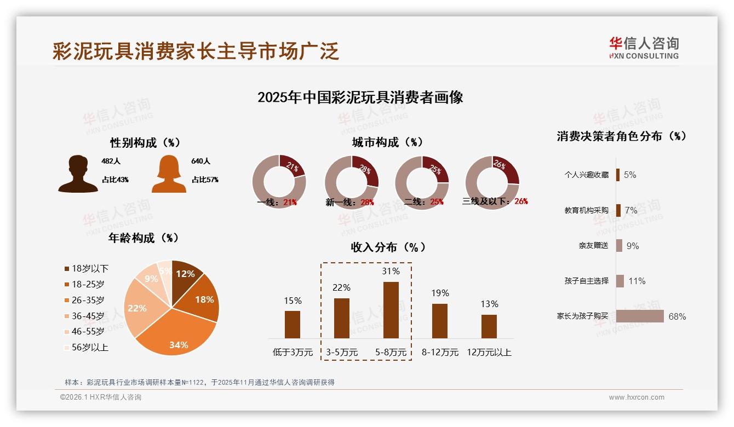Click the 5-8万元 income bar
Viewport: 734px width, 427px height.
coord(391,310)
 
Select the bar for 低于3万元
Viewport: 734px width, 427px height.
coord(293,324)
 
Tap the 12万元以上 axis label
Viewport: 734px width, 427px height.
coord(489,353)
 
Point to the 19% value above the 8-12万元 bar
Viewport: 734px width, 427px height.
coord(439,293)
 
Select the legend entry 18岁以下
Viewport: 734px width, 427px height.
coord(86,268)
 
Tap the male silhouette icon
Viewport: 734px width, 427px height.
coord(78,174)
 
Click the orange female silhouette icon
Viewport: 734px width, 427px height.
coord(169,174)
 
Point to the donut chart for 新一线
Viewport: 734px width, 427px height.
coord(351,182)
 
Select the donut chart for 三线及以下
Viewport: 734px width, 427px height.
coord(491,182)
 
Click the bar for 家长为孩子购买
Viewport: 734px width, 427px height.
coord(640,316)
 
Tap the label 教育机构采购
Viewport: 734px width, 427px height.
coord(586,210)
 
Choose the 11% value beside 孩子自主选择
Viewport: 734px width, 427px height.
coord(636,281)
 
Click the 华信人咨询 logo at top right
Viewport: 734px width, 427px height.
coord(644,48)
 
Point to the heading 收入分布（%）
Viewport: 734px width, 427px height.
coord(388,247)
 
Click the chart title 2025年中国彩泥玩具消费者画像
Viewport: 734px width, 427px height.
coord(360,97)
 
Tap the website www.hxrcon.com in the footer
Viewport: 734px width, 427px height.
coord(636,397)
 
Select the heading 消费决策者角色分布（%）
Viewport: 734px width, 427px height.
coord(622,136)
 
